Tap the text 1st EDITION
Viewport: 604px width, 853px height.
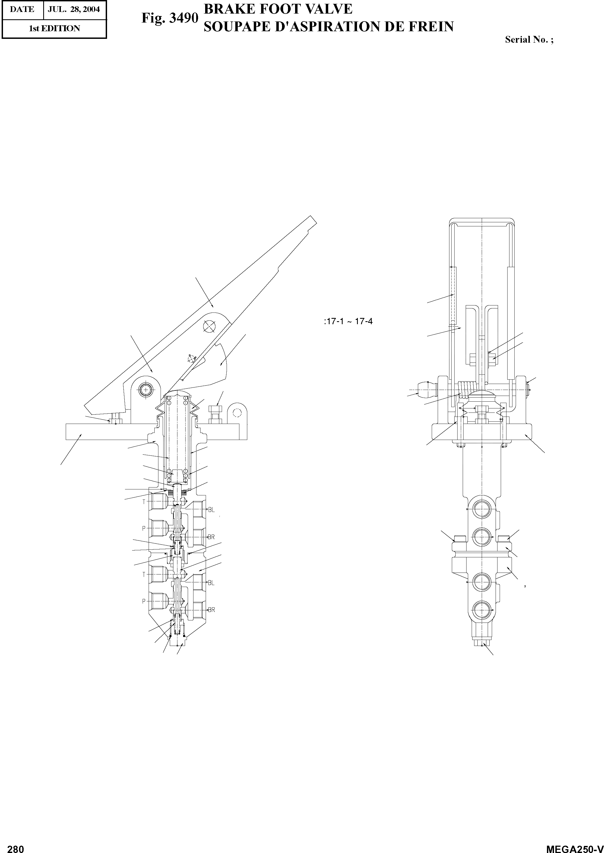pyautogui.click(x=54, y=29)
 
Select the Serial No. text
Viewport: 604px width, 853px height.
pyautogui.click(x=528, y=40)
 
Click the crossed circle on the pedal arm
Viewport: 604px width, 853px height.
pyautogui.click(x=209, y=327)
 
